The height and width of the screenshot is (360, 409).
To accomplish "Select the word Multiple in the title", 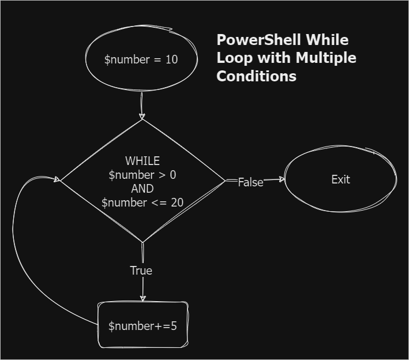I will click(327, 58).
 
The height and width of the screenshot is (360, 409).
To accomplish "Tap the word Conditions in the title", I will click(256, 76).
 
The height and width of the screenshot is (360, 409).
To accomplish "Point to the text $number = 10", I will click(141, 59).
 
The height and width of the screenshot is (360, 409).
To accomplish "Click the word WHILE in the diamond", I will click(142, 161).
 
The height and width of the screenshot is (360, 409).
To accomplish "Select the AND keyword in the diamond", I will click(142, 189).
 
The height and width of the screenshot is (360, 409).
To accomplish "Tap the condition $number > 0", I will click(142, 175).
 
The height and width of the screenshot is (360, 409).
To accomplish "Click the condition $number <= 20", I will click(142, 202).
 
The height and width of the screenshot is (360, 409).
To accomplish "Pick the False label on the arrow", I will click(250, 182).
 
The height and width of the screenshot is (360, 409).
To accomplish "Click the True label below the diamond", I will click(141, 271).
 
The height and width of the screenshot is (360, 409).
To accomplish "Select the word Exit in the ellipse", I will click(340, 179).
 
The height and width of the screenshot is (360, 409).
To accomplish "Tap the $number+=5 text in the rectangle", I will click(142, 326).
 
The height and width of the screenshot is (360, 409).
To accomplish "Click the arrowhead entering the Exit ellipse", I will click(282, 179).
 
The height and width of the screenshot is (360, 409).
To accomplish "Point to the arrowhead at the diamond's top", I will click(142, 117).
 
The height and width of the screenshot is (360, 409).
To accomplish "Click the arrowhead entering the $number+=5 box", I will click(142, 298).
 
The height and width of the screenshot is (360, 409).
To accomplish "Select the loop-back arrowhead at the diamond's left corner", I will click(57, 179).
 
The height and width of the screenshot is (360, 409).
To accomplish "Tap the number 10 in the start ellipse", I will click(171, 59).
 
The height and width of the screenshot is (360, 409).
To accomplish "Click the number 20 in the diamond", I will click(177, 202).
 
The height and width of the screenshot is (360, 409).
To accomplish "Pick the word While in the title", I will click(327, 40).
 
